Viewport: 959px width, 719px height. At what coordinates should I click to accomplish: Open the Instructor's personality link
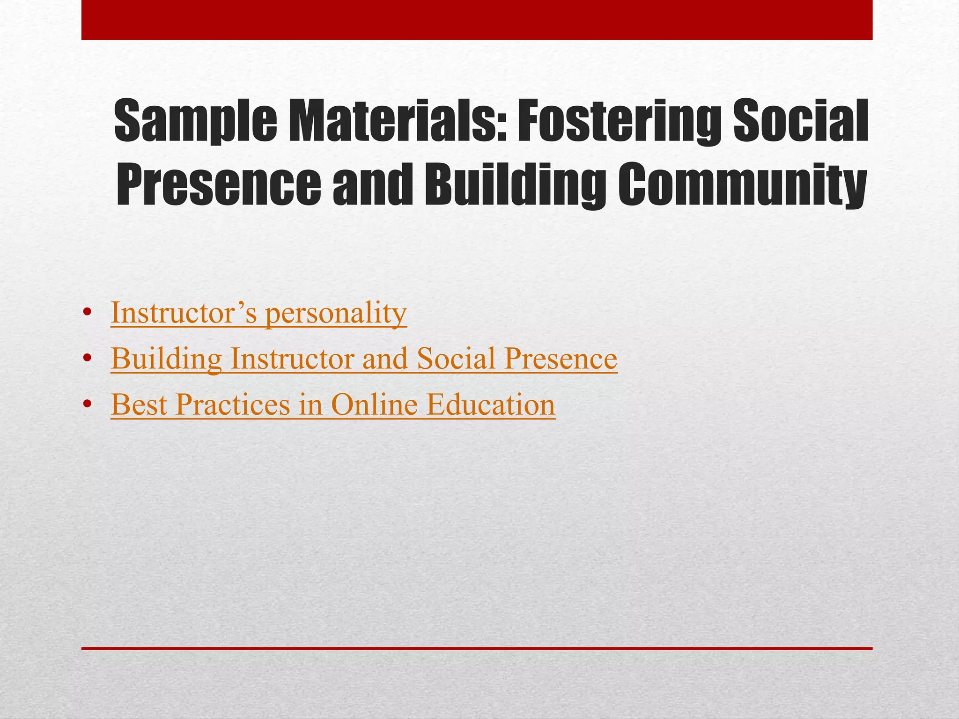coord(258,313)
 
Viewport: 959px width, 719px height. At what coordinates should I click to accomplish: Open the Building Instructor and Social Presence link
coord(364,359)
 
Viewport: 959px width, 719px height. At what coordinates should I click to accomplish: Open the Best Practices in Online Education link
coord(333,404)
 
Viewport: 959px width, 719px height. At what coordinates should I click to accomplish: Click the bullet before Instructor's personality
coord(86,314)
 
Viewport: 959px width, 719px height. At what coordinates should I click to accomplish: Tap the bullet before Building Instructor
coord(86,359)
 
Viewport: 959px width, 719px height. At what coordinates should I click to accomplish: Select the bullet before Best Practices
coord(86,404)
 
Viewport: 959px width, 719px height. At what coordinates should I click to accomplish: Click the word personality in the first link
coord(336,314)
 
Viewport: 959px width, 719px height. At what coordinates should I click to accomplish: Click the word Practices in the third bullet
coord(233,404)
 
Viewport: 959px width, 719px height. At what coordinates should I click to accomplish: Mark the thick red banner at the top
coord(477,20)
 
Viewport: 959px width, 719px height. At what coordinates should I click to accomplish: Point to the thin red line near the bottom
coord(477,648)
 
